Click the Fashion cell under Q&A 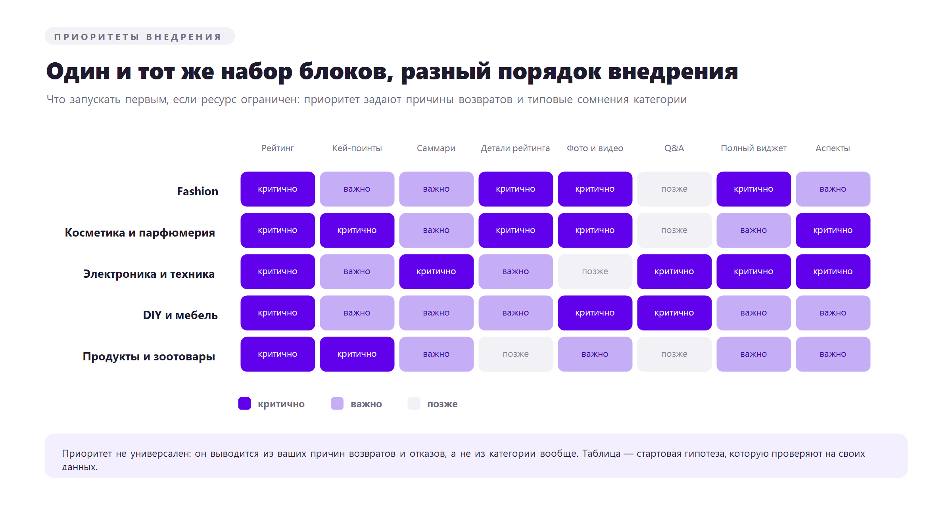(x=674, y=189)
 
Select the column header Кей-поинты (x=357, y=148)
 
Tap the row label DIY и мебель (x=180, y=315)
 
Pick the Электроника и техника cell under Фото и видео (x=595, y=271)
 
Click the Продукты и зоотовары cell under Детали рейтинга (x=516, y=354)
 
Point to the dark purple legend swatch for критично (x=244, y=404)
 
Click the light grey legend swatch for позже (x=414, y=404)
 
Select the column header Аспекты (x=833, y=148)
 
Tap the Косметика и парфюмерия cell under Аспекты (x=833, y=230)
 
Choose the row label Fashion (x=198, y=191)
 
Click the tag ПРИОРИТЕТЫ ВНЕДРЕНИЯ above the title (x=140, y=36)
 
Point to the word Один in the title (x=78, y=72)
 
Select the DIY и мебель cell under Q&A (x=674, y=313)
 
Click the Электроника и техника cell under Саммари (x=436, y=271)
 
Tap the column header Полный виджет (x=754, y=148)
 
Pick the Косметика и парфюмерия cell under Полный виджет (x=754, y=230)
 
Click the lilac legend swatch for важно (x=337, y=404)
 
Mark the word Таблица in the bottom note (x=601, y=454)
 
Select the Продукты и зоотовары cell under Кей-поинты (x=357, y=354)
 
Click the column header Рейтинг (x=278, y=148)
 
